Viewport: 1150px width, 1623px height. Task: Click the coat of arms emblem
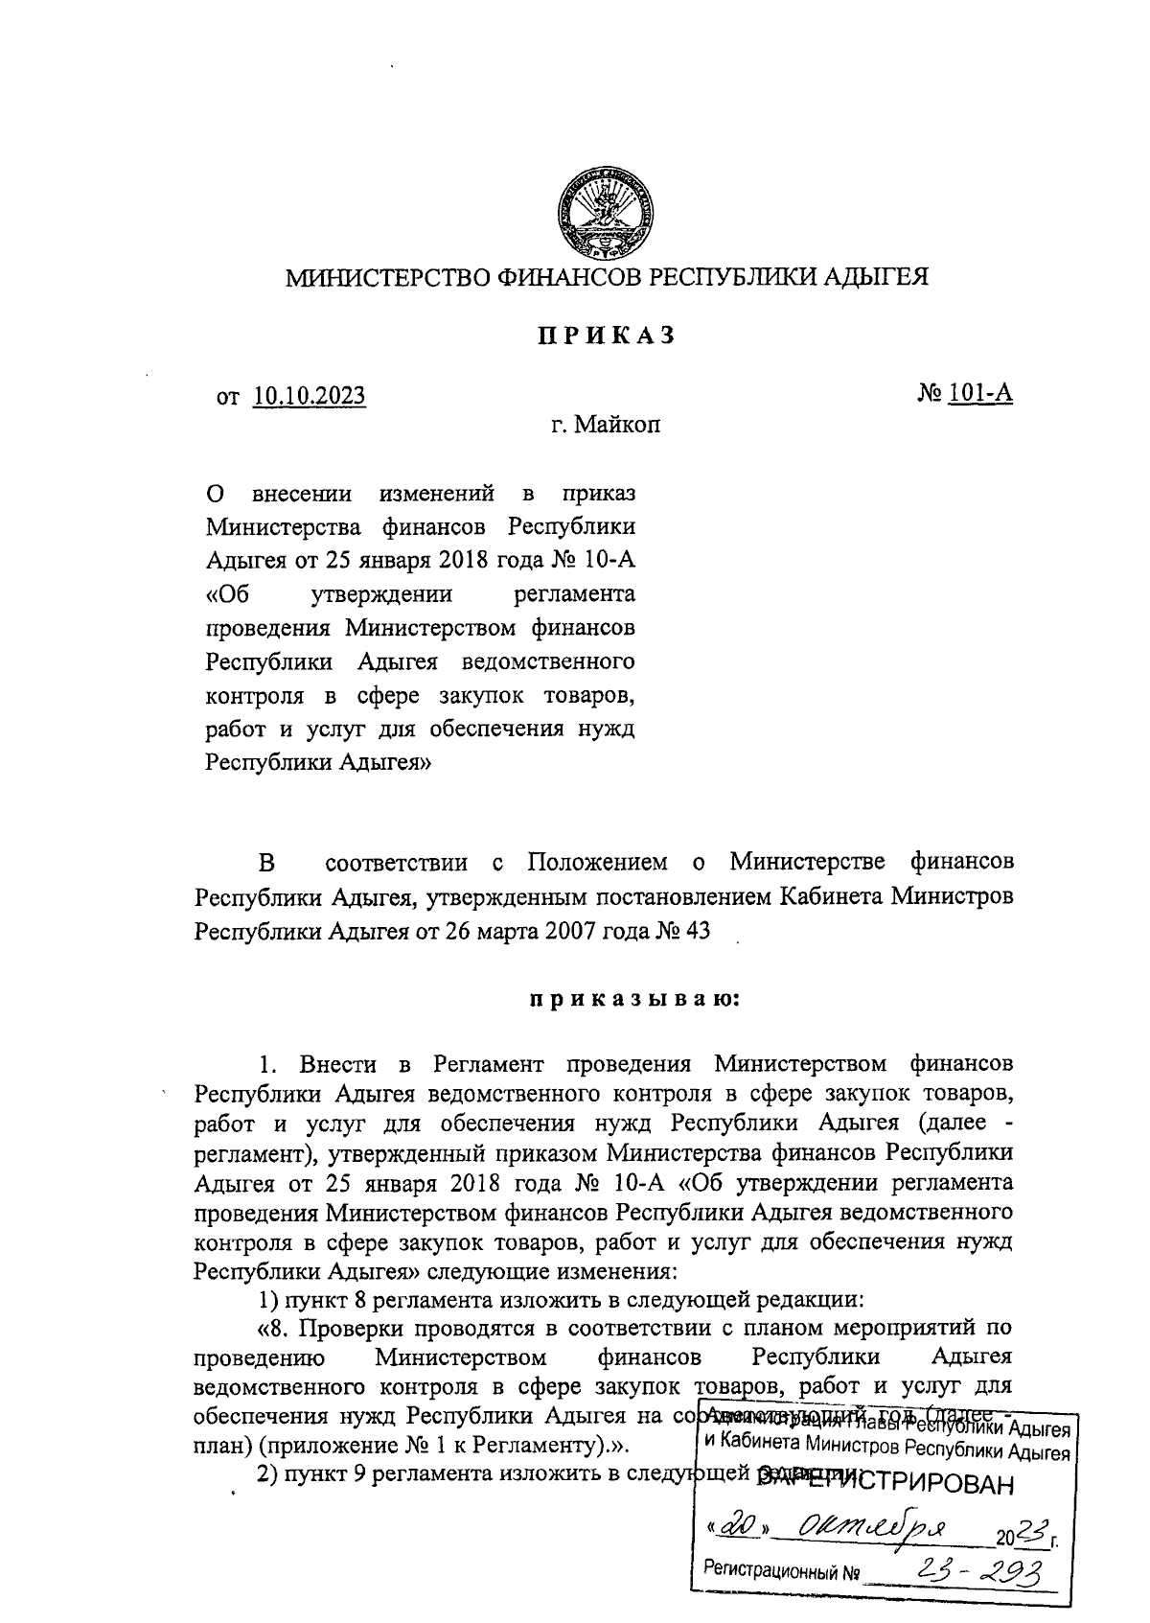point(609,215)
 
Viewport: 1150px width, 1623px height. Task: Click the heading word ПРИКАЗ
point(607,336)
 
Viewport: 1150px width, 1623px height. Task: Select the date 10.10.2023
point(310,396)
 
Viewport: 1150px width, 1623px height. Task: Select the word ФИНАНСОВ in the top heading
point(567,278)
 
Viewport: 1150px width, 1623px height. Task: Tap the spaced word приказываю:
point(633,1000)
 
